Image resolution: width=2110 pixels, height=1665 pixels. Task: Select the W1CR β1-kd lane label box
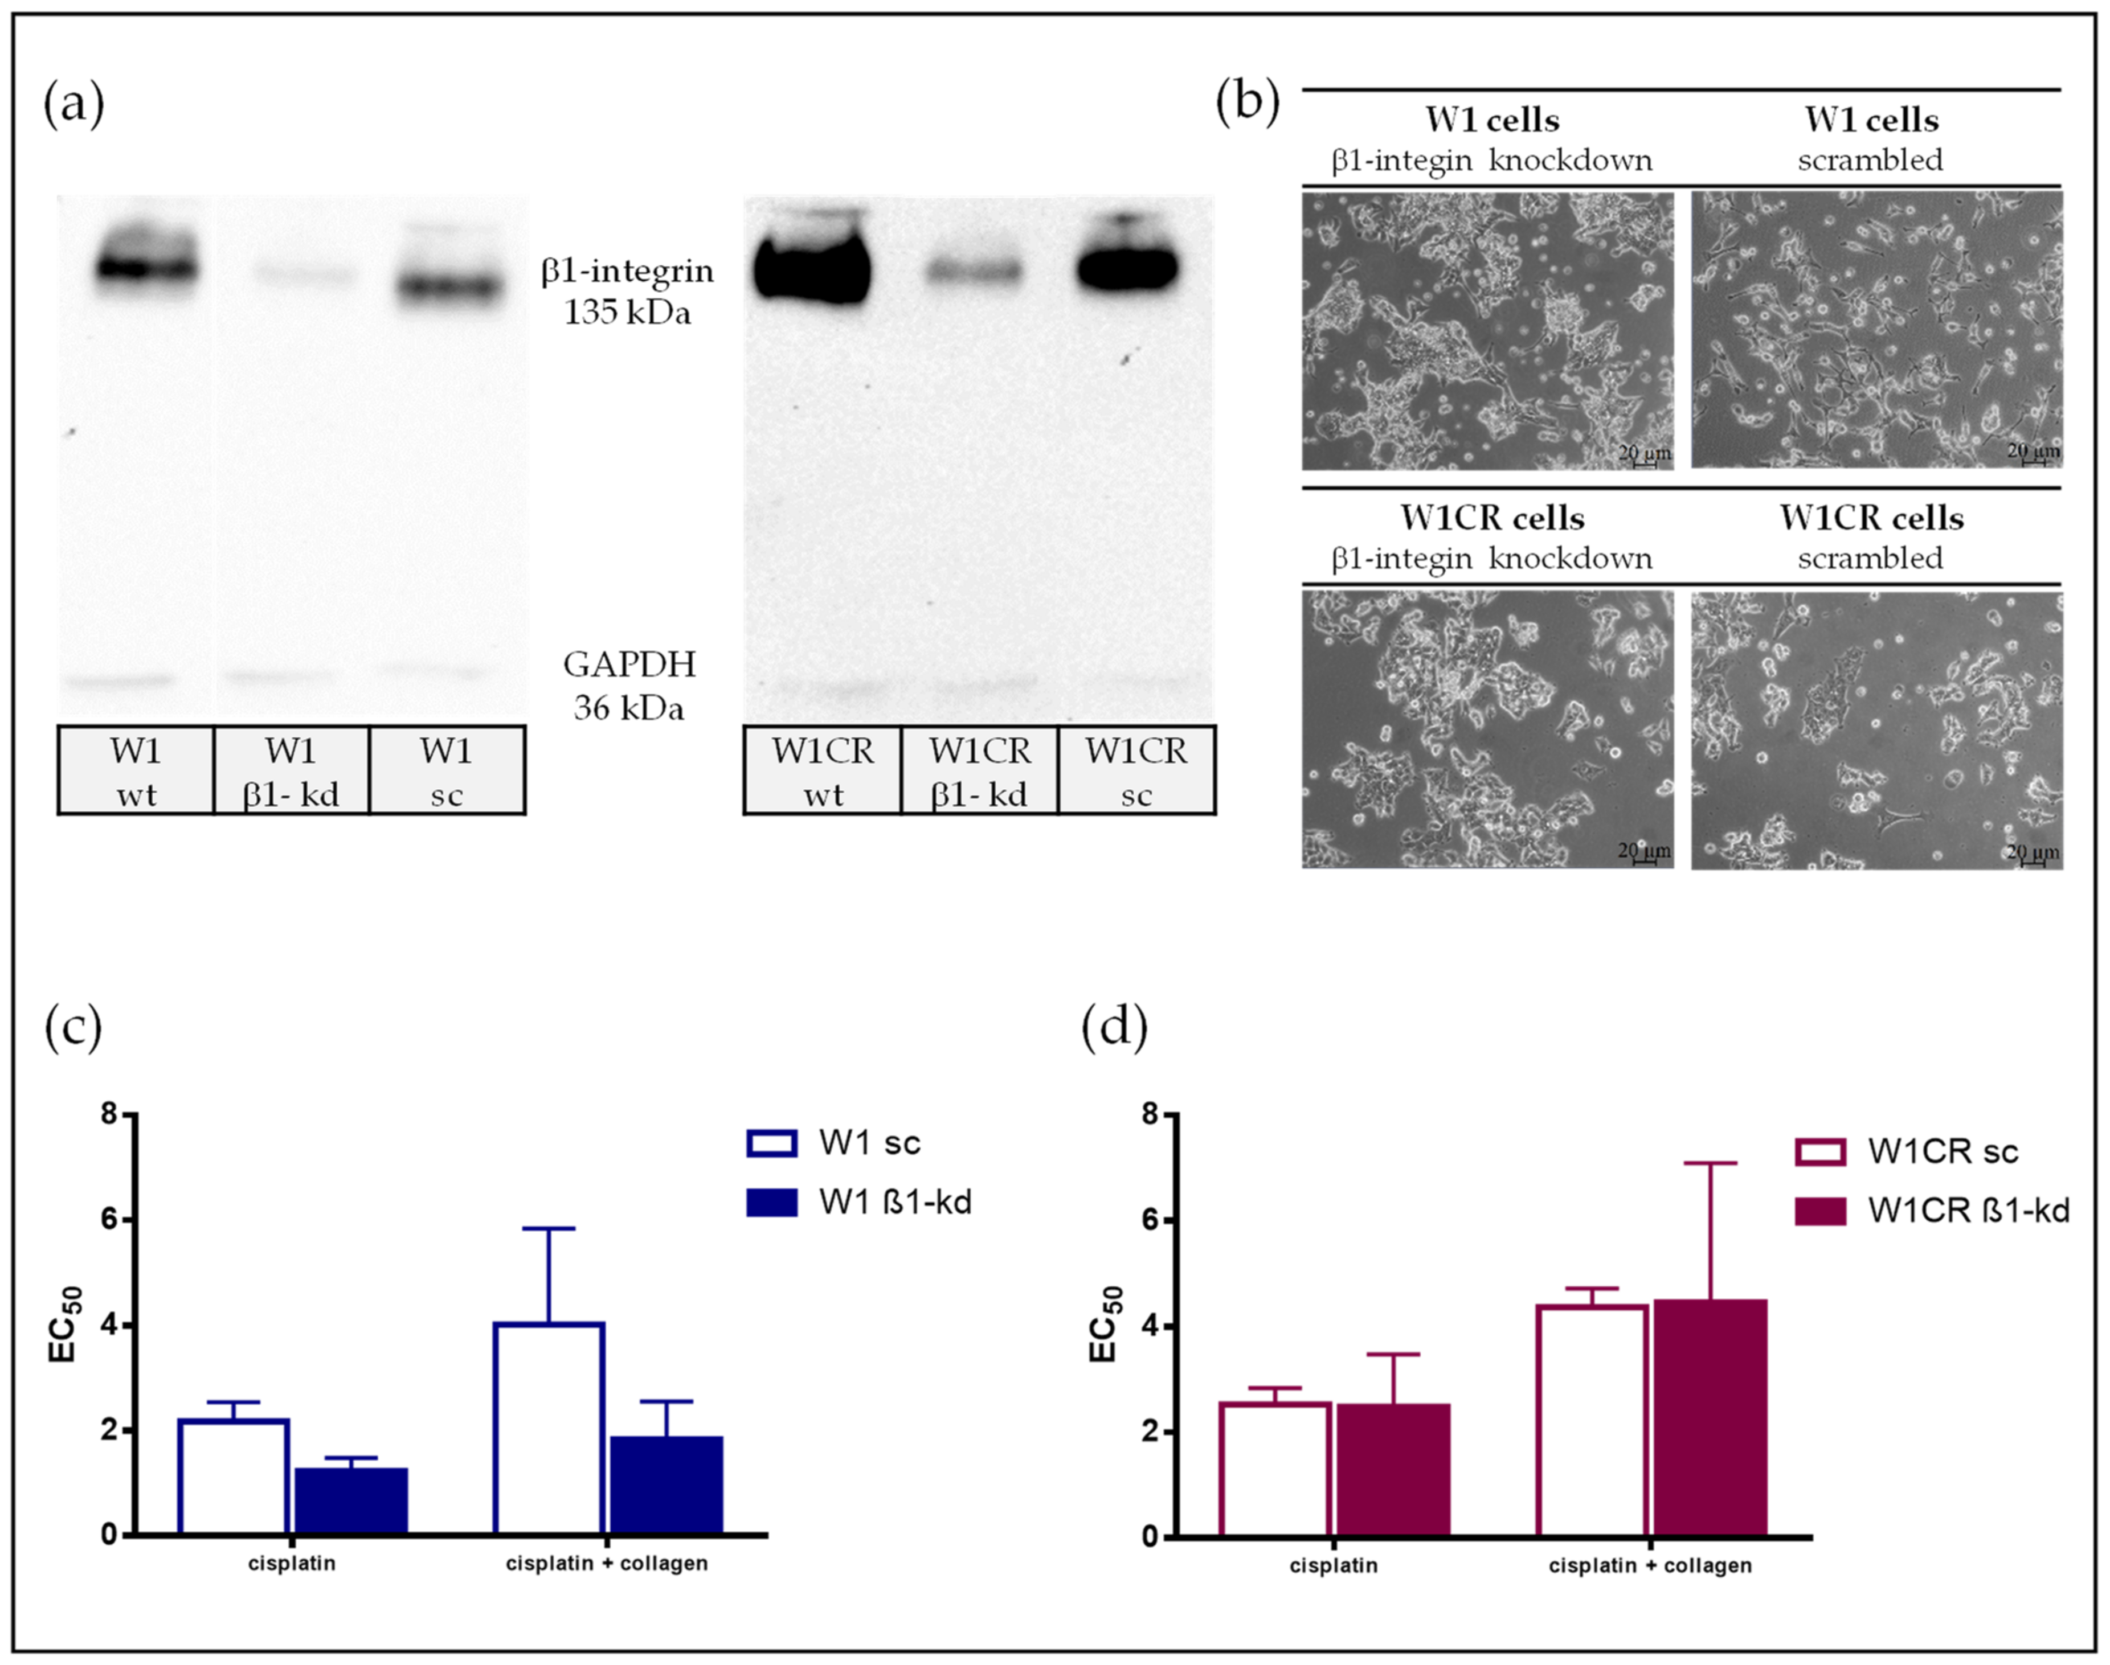(x=979, y=770)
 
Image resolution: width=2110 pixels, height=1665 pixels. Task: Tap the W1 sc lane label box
(x=447, y=770)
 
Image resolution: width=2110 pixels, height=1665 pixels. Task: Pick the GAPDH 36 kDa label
(x=629, y=685)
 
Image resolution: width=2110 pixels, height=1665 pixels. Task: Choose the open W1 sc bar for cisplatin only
(x=234, y=1477)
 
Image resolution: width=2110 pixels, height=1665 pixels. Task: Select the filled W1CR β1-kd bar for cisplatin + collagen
(x=1710, y=1418)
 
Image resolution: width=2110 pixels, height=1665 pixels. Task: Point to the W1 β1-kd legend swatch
(x=771, y=1202)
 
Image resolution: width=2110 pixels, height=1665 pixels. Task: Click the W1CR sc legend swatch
(x=1819, y=1151)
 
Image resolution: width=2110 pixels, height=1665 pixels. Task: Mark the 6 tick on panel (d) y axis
(x=1151, y=1220)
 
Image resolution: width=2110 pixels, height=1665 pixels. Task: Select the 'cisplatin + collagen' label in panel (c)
(x=607, y=1564)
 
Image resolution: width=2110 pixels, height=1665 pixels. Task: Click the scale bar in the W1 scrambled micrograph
(x=2034, y=458)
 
